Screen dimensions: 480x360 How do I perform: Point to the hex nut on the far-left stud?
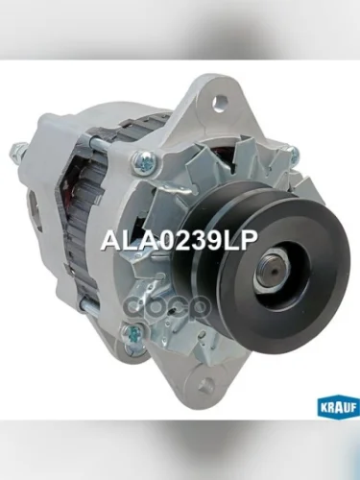tap(18, 151)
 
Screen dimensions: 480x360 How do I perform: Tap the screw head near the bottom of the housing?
tap(132, 335)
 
